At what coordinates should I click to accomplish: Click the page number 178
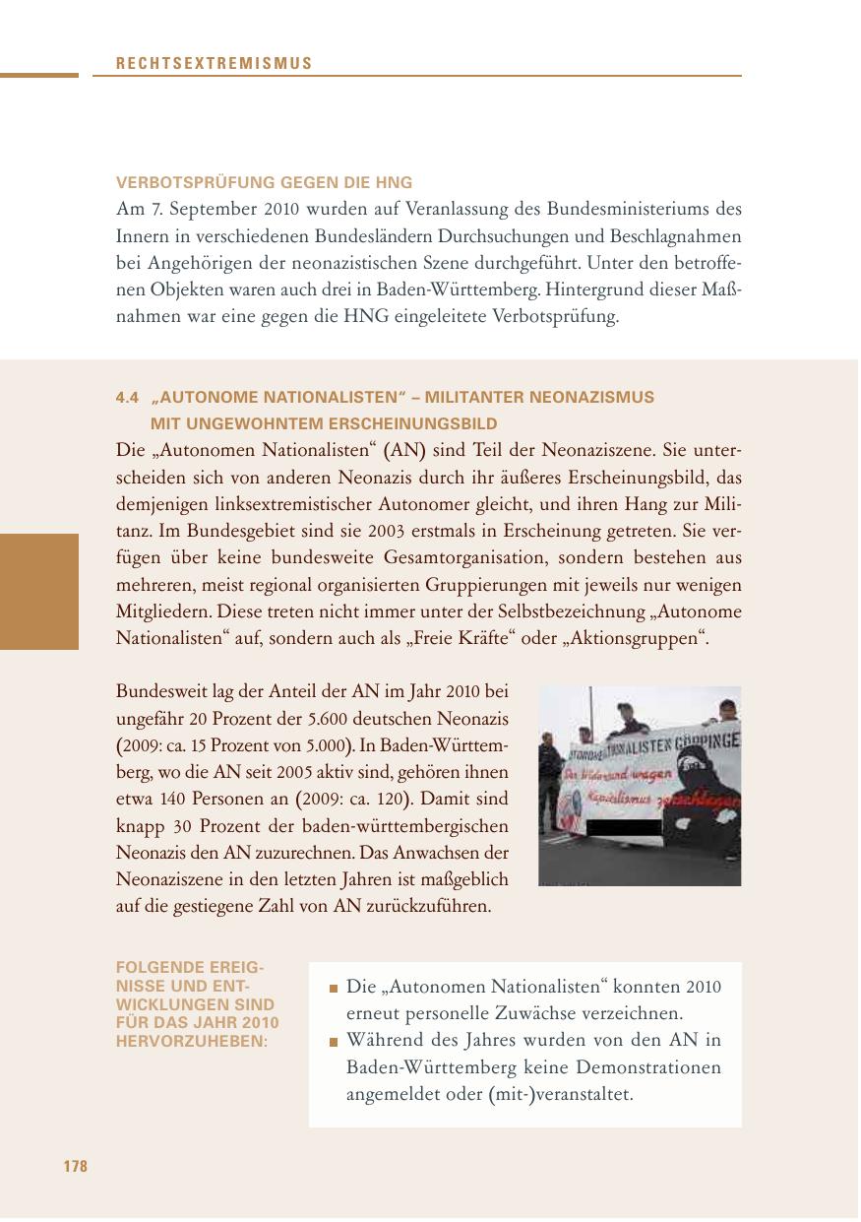[x=76, y=1167]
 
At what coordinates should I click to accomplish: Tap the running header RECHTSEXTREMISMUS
[x=214, y=64]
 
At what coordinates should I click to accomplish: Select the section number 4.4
[x=128, y=398]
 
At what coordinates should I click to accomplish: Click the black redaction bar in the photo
[x=623, y=827]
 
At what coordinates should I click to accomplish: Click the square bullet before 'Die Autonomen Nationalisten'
[x=335, y=989]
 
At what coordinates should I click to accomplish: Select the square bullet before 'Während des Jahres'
[x=335, y=1042]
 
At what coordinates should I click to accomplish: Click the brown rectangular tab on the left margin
[x=39, y=592]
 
